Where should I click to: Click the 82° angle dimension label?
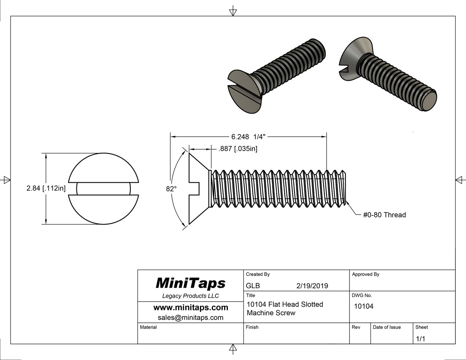(171, 189)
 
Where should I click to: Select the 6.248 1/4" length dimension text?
(248, 137)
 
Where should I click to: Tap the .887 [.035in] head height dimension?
(238, 149)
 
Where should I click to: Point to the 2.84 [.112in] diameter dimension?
(46, 189)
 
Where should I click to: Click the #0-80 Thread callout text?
(384, 215)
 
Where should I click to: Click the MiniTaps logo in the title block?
(190, 283)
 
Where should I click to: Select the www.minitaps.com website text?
(190, 308)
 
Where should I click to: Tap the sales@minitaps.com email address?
(190, 317)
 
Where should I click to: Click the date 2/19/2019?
(312, 286)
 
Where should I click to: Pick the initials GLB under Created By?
(253, 286)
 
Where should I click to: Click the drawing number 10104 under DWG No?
(364, 306)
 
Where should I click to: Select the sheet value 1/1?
(420, 339)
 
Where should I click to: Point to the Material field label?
(148, 327)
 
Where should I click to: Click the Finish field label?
(252, 327)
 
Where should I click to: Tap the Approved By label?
(366, 274)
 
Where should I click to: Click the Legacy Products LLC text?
(190, 296)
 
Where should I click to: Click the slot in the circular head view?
(103, 189)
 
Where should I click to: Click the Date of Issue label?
(387, 327)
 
